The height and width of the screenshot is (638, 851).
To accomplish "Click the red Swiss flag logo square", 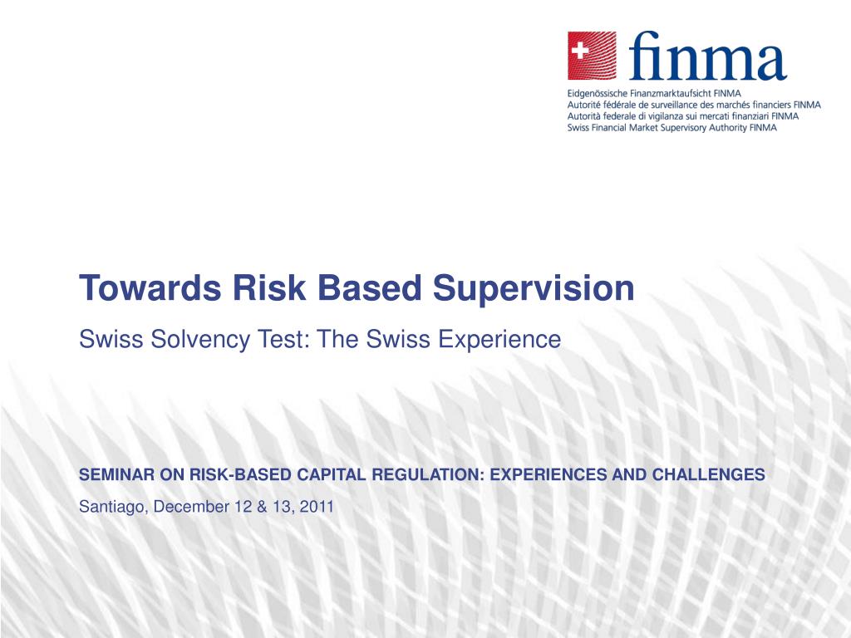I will (592, 56).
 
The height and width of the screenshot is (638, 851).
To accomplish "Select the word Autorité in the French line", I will (586, 106).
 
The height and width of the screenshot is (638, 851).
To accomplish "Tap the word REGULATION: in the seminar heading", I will (430, 475).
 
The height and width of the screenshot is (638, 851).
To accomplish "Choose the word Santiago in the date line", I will (112, 506).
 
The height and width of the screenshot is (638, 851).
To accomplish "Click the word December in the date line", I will (190, 506).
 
